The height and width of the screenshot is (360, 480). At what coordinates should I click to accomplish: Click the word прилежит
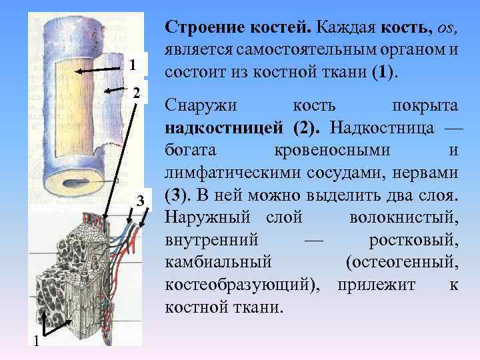(x=377, y=285)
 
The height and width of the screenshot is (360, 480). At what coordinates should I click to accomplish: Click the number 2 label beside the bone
(x=136, y=93)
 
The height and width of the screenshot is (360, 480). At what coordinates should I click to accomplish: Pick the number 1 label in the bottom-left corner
(x=37, y=342)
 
